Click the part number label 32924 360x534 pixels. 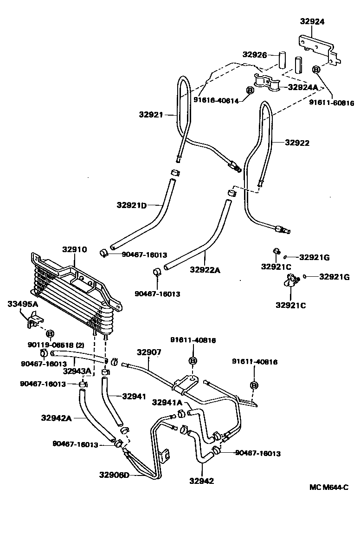(312, 21)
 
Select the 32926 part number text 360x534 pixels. (255, 55)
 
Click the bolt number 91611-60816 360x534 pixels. (331, 103)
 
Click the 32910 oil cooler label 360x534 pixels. (75, 249)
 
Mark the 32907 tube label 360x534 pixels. (149, 352)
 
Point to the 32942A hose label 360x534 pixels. (55, 418)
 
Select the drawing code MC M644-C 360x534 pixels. (328, 487)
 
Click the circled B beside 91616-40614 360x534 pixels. (249, 90)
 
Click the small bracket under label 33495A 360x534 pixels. (33, 321)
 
